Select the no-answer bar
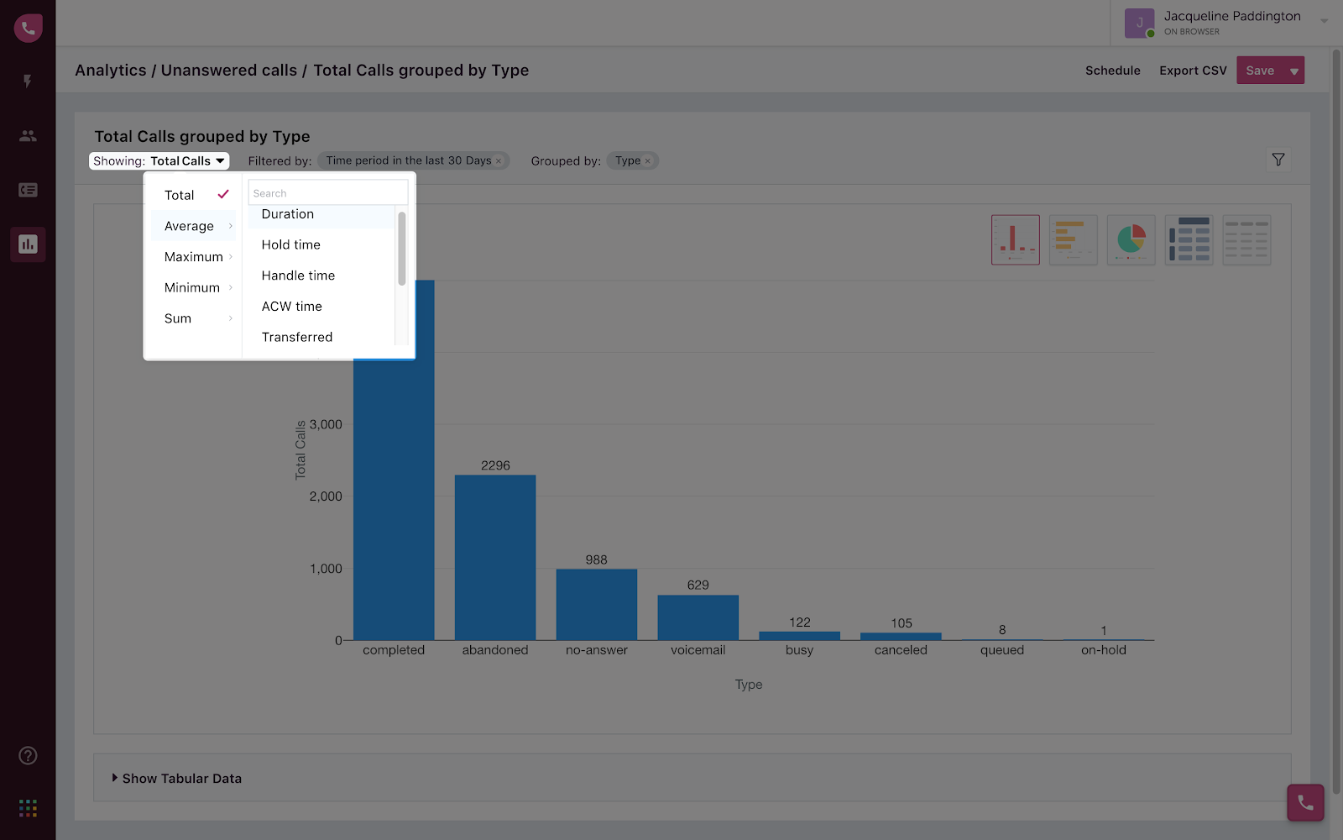(597, 604)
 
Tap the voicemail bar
(698, 617)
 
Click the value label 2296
(495, 465)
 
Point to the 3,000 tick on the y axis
(326, 424)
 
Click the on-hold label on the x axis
(1103, 650)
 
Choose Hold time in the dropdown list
(291, 244)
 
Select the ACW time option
(292, 307)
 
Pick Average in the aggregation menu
(190, 226)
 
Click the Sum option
(178, 318)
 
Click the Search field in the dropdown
(327, 193)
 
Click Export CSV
(1193, 71)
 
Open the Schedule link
(1112, 71)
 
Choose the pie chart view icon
(1131, 240)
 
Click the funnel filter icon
(1278, 160)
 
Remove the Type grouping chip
(647, 161)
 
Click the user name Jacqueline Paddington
(1231, 16)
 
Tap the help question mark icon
(28, 756)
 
